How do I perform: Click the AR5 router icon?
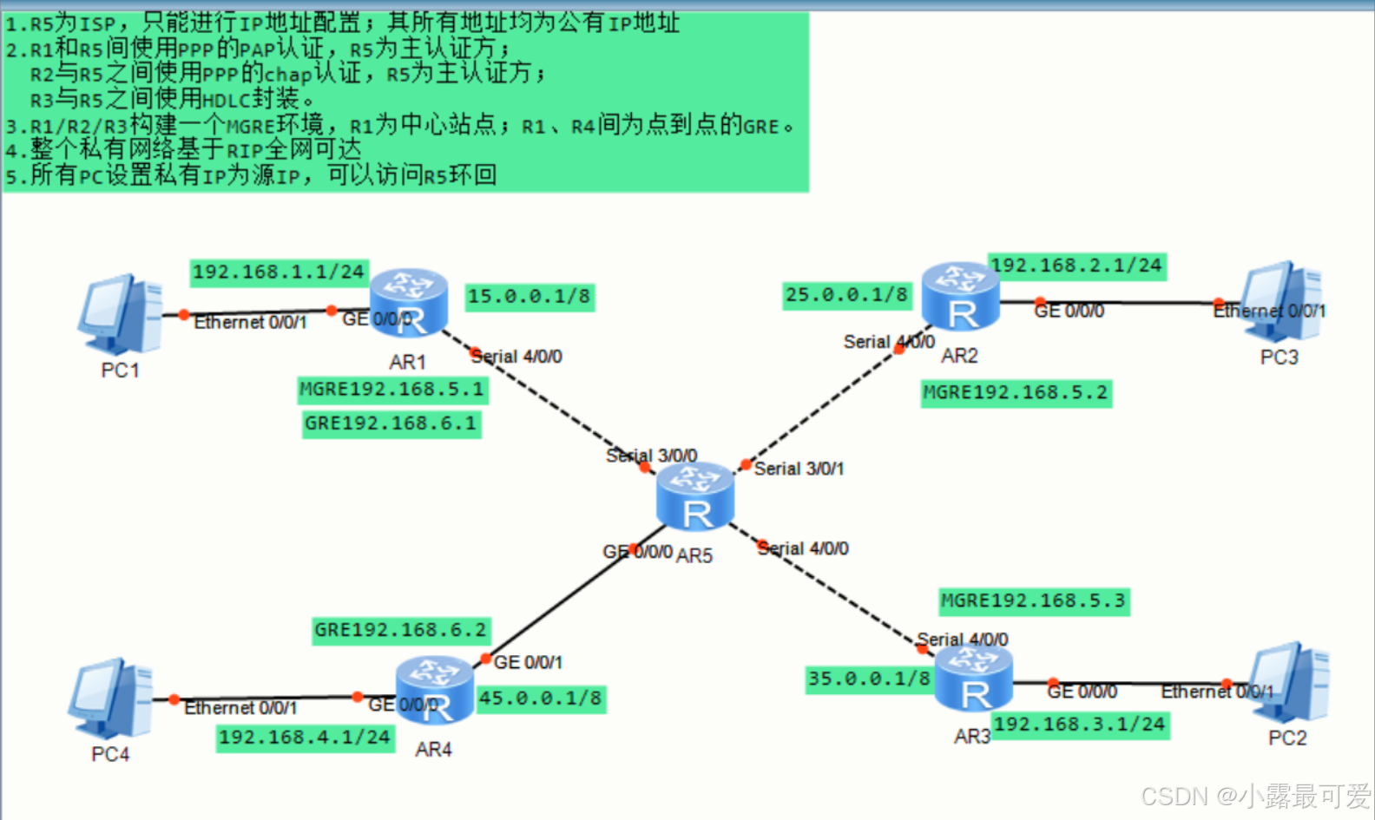point(695,496)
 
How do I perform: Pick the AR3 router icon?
point(974,679)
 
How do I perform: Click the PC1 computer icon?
point(120,314)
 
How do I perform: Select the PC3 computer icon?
point(1282,301)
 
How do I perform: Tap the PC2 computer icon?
point(1290,683)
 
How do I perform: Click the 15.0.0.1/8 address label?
point(530,297)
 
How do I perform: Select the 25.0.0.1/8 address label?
point(847,295)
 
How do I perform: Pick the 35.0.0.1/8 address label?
point(869,679)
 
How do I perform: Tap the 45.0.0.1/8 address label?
point(541,699)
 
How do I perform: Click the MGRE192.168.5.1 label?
point(392,390)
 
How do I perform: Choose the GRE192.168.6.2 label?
point(401,630)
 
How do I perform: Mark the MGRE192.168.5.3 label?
point(1034,600)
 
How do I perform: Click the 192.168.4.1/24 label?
point(305,738)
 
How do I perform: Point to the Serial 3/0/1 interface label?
point(799,469)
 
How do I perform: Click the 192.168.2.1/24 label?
point(1076,266)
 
